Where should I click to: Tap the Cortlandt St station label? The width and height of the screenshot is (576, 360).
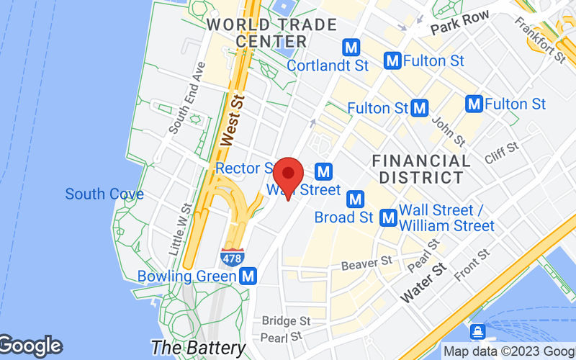(328, 66)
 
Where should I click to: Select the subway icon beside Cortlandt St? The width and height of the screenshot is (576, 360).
(351, 48)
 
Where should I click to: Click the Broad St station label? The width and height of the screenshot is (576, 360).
(344, 217)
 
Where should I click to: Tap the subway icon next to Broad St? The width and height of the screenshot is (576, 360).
(354, 198)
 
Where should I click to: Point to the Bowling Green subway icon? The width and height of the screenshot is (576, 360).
(249, 275)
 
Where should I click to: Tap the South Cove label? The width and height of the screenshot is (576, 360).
(104, 194)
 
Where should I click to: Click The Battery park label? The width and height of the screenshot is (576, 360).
(199, 347)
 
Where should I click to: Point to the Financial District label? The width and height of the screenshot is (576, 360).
(422, 168)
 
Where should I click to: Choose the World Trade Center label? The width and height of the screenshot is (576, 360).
(271, 33)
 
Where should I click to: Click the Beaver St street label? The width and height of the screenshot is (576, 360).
(366, 264)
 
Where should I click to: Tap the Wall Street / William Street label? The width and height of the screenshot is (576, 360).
(446, 217)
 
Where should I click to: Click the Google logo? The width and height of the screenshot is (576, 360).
(30, 346)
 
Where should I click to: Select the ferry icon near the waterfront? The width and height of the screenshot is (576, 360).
(477, 333)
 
